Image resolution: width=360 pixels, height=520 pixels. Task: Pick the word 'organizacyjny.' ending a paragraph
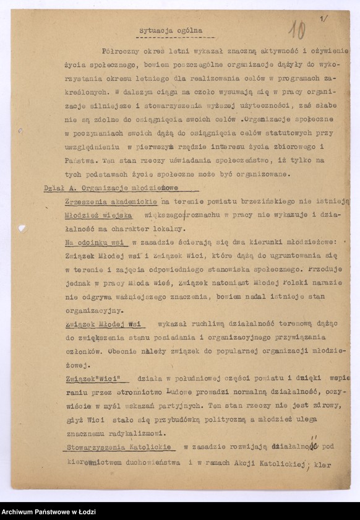click(x=94, y=311)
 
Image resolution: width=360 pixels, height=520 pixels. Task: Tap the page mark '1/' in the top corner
click(x=324, y=19)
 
